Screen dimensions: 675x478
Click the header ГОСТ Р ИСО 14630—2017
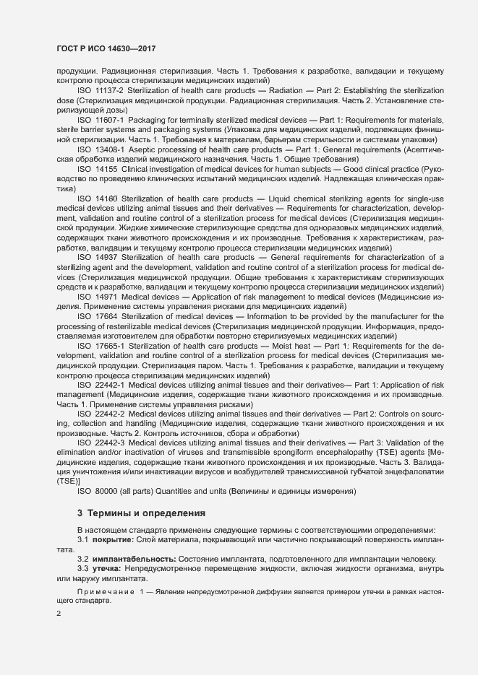click(x=106, y=48)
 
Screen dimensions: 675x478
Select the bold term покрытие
click(x=110, y=539)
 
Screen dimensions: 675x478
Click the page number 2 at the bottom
click(x=59, y=614)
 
